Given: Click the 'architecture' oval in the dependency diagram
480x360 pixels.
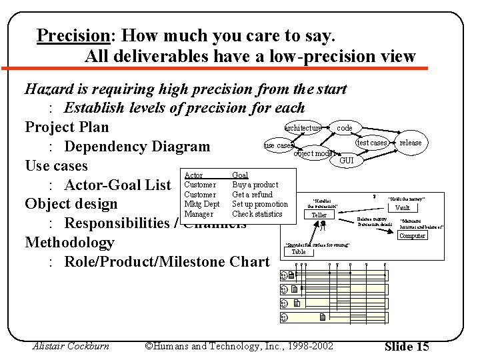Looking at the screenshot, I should [303, 127].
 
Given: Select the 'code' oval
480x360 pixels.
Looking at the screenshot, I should [345, 127].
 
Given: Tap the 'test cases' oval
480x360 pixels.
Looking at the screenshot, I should [371, 143].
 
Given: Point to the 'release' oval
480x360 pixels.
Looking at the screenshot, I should [411, 143].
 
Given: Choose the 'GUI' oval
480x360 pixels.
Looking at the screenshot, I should [347, 161].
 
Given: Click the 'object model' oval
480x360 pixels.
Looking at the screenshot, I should [314, 153].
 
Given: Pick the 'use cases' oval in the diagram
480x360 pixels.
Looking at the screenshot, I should [278, 145].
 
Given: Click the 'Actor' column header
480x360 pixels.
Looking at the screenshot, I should [193, 175].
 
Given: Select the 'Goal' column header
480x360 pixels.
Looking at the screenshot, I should [239, 175].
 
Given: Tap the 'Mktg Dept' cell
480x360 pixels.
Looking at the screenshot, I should [201, 204].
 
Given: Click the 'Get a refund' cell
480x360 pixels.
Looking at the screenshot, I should [252, 195].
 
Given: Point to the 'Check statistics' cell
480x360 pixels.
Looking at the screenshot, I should [257, 214].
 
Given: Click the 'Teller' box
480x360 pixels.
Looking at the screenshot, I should [319, 215].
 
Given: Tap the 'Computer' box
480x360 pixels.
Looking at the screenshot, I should [412, 235].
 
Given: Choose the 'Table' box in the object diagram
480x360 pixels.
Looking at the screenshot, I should [299, 252].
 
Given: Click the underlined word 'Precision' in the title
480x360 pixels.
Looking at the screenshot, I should [72, 35].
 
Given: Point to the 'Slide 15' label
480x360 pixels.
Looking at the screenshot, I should [407, 346].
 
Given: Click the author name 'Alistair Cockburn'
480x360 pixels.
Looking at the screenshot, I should [71, 346].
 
